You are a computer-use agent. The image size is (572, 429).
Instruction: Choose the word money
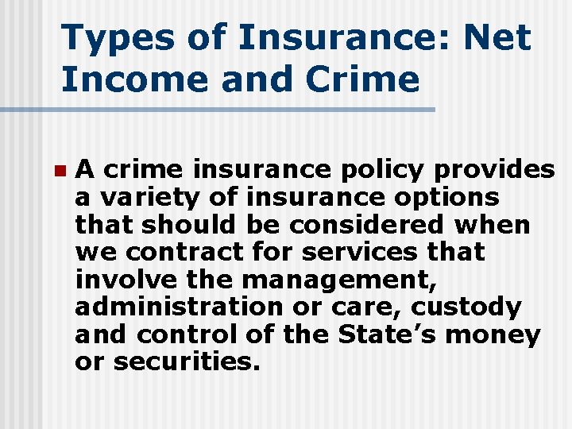point(493,334)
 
